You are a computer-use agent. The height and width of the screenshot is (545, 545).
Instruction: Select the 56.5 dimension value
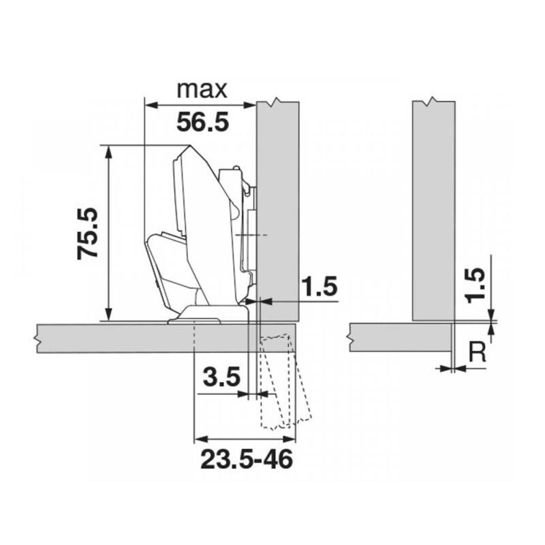click(x=201, y=123)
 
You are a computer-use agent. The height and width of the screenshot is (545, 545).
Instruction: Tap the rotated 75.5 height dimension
click(x=88, y=234)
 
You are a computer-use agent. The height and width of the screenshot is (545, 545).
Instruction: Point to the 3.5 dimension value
click(x=221, y=377)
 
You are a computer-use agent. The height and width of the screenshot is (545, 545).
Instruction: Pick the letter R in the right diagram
click(x=478, y=352)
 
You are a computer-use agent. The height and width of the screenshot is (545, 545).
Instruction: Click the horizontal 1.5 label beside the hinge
click(x=320, y=287)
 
